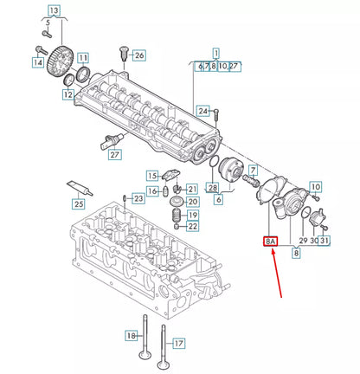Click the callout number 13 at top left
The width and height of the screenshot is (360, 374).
[x=54, y=11]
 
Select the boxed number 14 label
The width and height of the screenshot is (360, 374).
[x=38, y=62]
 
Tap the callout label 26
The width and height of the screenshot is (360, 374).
[x=139, y=55]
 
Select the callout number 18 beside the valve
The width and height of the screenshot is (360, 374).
[x=132, y=335]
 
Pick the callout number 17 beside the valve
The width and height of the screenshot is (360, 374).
[x=178, y=343]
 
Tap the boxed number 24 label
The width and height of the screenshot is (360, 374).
[x=202, y=111]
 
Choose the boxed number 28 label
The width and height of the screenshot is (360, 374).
[x=213, y=189]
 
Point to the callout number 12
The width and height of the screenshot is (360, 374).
[x=67, y=93]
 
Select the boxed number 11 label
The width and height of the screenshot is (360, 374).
[x=83, y=58]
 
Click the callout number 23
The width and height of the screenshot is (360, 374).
[x=139, y=198]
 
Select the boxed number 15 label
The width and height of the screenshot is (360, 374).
[x=152, y=177]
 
